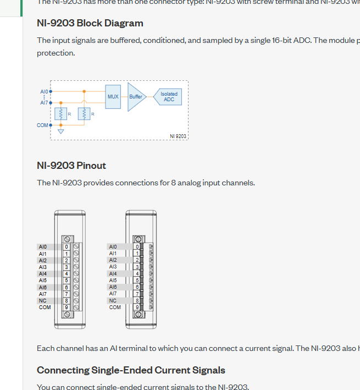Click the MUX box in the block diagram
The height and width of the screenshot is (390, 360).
coord(113,96)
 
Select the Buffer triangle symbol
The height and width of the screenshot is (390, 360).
coord(135,97)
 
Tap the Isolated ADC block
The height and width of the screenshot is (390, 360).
coord(169,97)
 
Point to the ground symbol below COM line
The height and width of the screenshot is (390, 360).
coord(60,131)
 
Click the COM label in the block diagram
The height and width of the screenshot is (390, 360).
coord(42,125)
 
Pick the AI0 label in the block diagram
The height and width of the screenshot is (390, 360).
coord(43,91)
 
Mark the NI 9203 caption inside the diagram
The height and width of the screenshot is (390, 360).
coord(178,136)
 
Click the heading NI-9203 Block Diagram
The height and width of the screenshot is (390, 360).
coord(90,23)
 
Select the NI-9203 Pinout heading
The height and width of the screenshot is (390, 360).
coord(71,166)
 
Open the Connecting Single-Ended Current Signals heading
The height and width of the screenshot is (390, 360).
coord(131,370)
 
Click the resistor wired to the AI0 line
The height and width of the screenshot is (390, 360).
coord(84,114)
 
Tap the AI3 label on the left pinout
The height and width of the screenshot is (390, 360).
coord(43,267)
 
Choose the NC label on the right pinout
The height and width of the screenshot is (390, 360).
coord(113,301)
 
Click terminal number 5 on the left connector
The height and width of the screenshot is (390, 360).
coord(66,281)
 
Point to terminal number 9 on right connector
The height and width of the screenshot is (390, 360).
coord(137,307)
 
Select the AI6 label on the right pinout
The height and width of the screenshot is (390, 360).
coord(113,287)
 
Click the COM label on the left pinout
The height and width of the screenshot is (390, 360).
coord(45,307)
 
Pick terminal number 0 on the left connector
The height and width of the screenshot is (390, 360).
coord(66,247)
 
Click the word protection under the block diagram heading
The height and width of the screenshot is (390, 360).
coord(56,53)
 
